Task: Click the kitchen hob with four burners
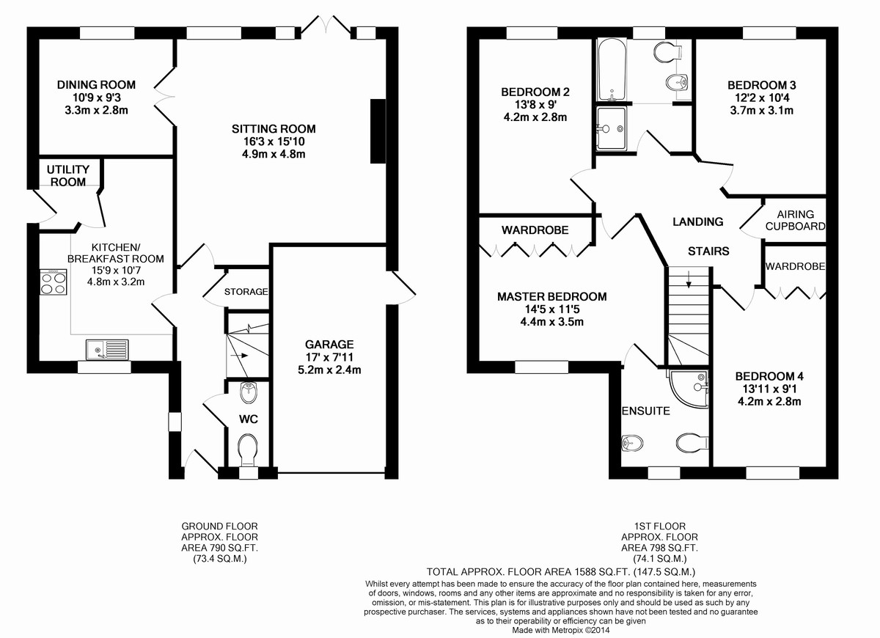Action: tap(54, 282)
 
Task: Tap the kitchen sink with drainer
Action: tap(107, 350)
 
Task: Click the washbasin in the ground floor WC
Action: tap(249, 393)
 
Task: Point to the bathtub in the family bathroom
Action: tap(612, 70)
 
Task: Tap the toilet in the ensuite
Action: tap(692, 443)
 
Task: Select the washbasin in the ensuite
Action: tap(631, 443)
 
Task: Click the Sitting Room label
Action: tap(274, 129)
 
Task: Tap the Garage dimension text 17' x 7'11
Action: tap(329, 357)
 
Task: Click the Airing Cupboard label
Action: tap(795, 221)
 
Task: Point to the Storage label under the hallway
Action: tap(246, 292)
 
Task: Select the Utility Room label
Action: tap(68, 175)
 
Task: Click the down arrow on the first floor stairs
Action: tap(689, 279)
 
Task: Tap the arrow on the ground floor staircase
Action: tap(240, 355)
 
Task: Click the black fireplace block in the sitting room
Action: tap(378, 131)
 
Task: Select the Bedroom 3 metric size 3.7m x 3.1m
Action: tap(761, 111)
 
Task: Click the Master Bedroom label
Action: tap(551, 296)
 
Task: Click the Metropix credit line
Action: tap(560, 630)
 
